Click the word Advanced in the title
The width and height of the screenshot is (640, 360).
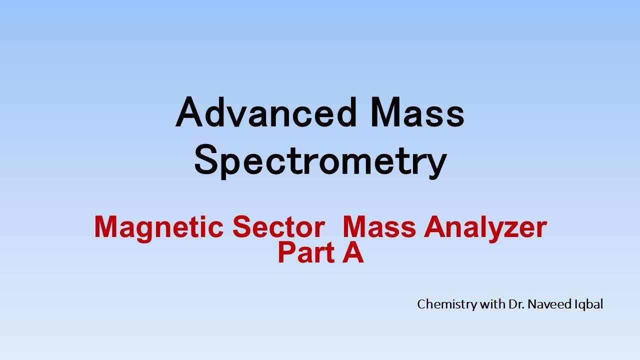point(265,112)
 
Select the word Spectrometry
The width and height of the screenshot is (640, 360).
point(320,161)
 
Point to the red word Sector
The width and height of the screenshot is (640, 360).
point(278,227)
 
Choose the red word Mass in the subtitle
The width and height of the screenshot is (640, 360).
point(380,227)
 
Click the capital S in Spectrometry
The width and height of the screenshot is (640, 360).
point(206,161)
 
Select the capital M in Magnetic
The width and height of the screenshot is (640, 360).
point(106,227)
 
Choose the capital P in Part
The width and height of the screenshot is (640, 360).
point(286,253)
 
